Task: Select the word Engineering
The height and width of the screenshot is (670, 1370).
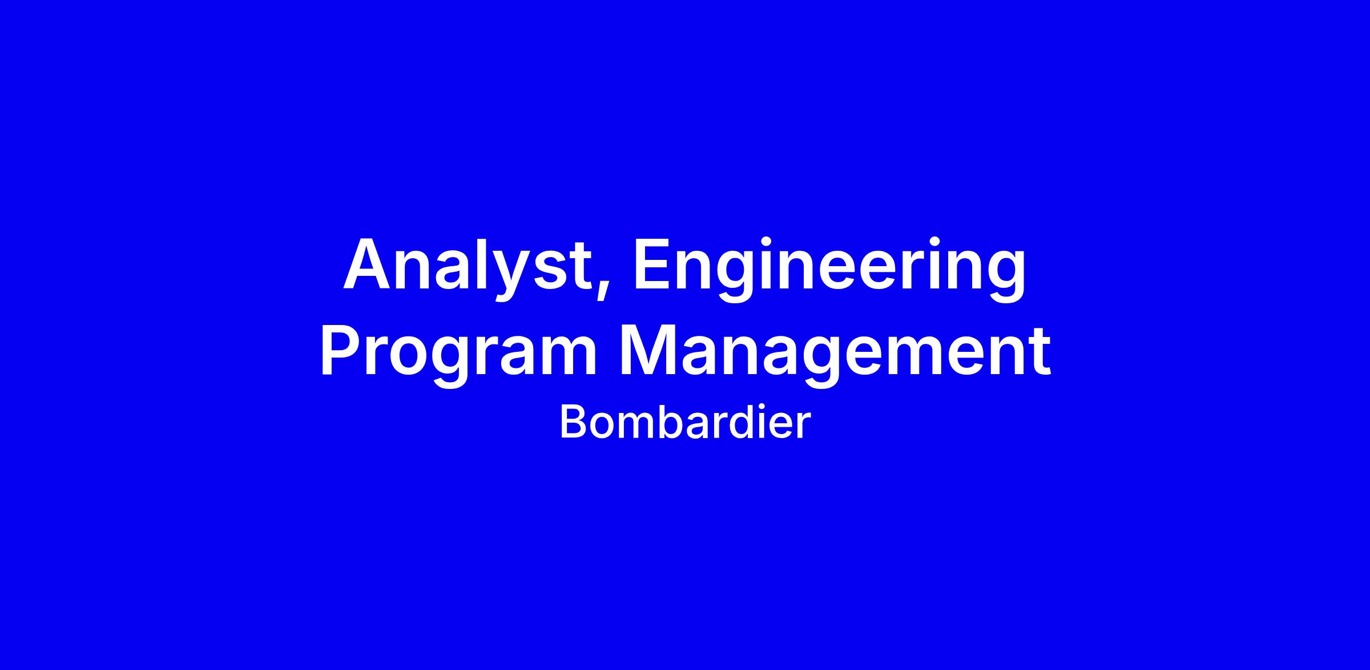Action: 829,268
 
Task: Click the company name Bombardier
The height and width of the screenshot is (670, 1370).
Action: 685,422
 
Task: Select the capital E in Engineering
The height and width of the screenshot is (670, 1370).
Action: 652,263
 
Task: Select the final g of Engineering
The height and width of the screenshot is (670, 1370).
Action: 1007,277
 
